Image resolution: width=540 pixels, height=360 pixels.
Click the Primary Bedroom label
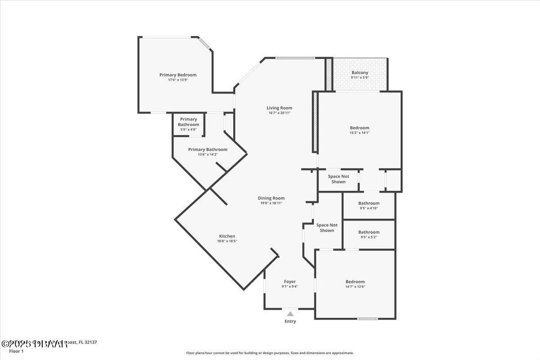tap(178, 75)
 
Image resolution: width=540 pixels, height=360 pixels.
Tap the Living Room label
tap(279, 108)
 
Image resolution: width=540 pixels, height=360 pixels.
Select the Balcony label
tap(360, 72)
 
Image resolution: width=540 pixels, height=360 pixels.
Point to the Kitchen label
tap(227, 236)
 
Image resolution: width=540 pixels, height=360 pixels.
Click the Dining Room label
tap(271, 198)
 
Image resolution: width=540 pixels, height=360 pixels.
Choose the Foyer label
tap(290, 282)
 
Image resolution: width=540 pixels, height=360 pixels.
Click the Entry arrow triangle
tap(290, 314)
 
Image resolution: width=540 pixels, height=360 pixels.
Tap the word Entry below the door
tap(290, 321)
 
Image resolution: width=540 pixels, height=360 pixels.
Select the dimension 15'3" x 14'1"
tap(359, 133)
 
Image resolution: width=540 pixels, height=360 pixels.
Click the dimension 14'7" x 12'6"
tap(355, 287)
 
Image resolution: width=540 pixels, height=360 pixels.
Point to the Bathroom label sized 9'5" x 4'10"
tap(369, 203)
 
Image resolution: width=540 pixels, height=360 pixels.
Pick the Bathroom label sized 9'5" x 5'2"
tap(369, 232)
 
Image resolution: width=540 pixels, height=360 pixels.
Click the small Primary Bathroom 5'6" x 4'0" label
tap(188, 122)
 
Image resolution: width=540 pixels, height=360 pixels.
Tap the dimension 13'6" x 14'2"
tap(207, 154)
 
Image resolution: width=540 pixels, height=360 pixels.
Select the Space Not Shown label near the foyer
tap(327, 228)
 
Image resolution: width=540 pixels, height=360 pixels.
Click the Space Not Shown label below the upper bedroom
tap(338, 179)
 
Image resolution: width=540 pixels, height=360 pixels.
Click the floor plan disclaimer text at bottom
tap(270, 353)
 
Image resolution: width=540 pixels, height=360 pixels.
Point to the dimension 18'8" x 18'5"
tap(227, 241)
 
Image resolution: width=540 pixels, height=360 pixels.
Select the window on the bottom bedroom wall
tap(368, 319)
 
